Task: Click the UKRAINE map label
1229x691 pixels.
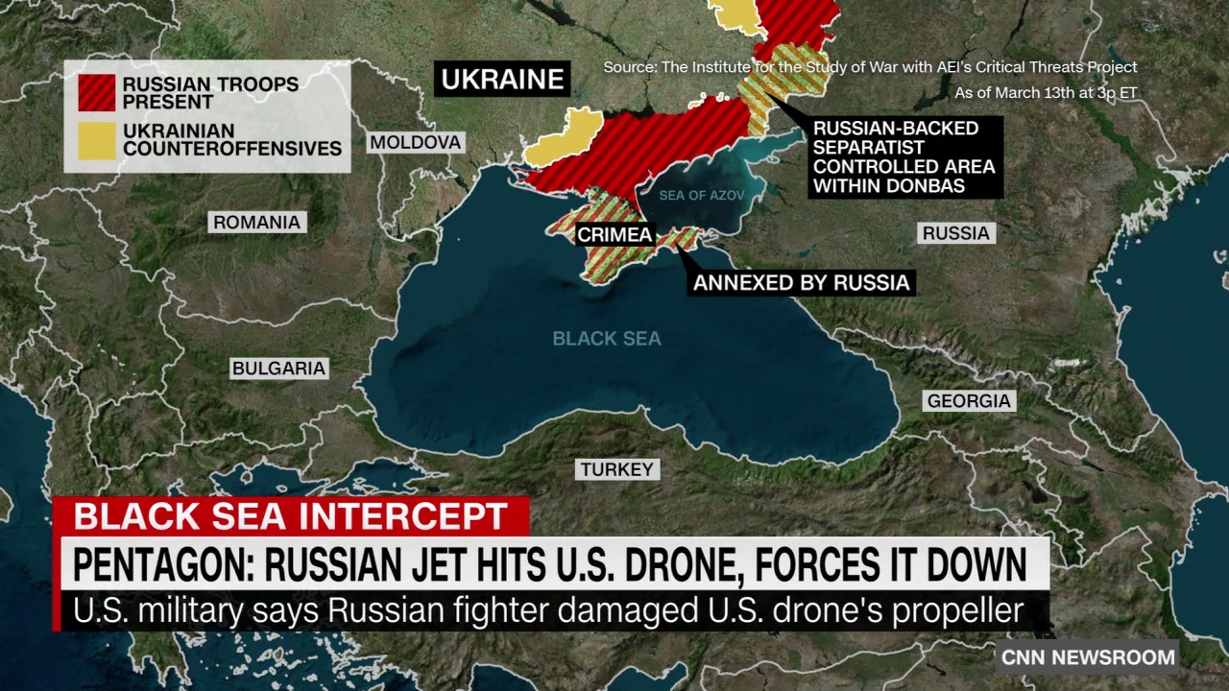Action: pyautogui.click(x=502, y=79)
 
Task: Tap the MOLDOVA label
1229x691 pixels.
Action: pyautogui.click(x=416, y=143)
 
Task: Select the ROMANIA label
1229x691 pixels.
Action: pyautogui.click(x=256, y=223)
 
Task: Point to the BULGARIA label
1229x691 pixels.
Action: pyautogui.click(x=278, y=369)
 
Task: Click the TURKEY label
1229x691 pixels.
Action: pyautogui.click(x=616, y=469)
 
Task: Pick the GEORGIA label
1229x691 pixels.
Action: pyautogui.click(x=969, y=401)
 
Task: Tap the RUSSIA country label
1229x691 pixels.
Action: pyautogui.click(x=955, y=233)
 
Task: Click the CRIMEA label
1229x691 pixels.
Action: pyautogui.click(x=614, y=234)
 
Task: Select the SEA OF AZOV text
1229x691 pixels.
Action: pyautogui.click(x=701, y=196)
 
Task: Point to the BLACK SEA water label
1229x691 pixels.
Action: pyautogui.click(x=607, y=339)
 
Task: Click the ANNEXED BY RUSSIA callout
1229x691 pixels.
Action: pyautogui.click(x=801, y=282)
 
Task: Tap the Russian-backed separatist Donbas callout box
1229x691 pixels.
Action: pyautogui.click(x=904, y=156)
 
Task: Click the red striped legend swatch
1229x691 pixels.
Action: pyautogui.click(x=97, y=93)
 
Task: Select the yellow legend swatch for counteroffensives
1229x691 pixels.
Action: pyautogui.click(x=97, y=140)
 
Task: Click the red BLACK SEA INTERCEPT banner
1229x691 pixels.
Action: pyautogui.click(x=290, y=516)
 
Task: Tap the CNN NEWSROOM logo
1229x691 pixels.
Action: pyautogui.click(x=1088, y=657)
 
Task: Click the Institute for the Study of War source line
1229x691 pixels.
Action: pyautogui.click(x=870, y=67)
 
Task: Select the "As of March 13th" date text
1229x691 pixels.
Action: pyautogui.click(x=1045, y=93)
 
